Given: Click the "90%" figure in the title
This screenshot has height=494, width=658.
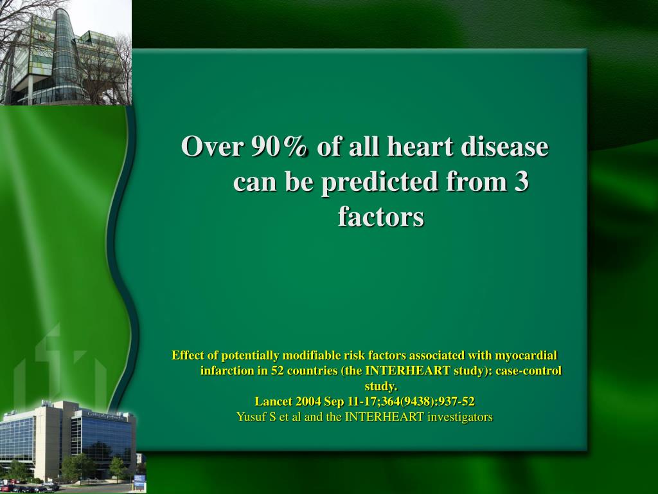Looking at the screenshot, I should pos(280,147).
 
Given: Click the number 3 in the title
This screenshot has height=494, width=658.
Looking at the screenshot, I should pos(521,182).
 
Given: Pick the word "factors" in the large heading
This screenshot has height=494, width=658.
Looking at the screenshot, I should pos(381,217).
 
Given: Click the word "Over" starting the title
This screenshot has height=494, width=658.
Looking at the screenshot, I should pos(212,147).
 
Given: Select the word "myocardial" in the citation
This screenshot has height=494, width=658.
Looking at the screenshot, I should pos(526,356).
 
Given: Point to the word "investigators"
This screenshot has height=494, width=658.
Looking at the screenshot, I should pos(461,417).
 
